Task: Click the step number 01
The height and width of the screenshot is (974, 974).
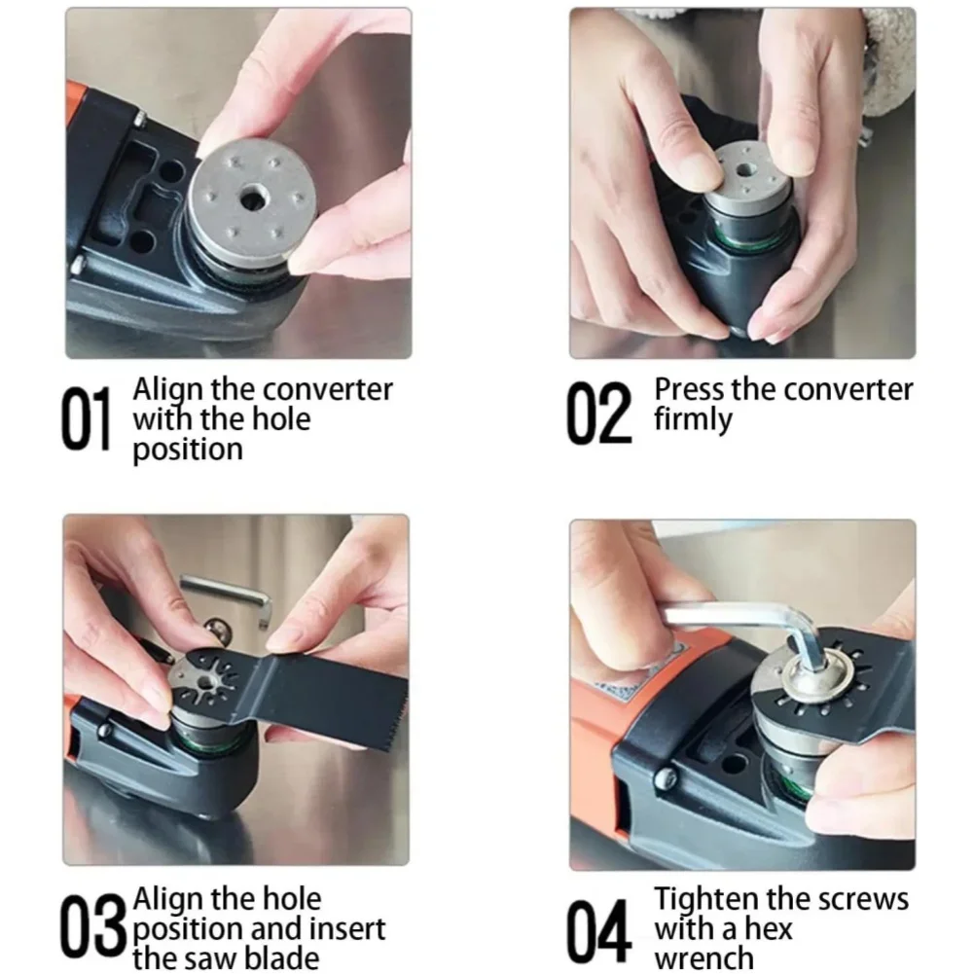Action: tap(87, 417)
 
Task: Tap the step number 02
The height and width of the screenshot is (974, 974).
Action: tap(598, 414)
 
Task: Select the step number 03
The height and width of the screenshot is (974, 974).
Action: tap(93, 926)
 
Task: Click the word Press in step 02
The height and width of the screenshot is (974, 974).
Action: tap(689, 389)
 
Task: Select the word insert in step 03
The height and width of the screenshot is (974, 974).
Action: tap(348, 928)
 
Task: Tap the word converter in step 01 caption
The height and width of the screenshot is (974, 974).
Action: tap(328, 390)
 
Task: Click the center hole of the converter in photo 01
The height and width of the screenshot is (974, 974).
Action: tap(252, 200)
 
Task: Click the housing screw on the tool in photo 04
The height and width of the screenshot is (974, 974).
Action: tap(666, 777)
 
